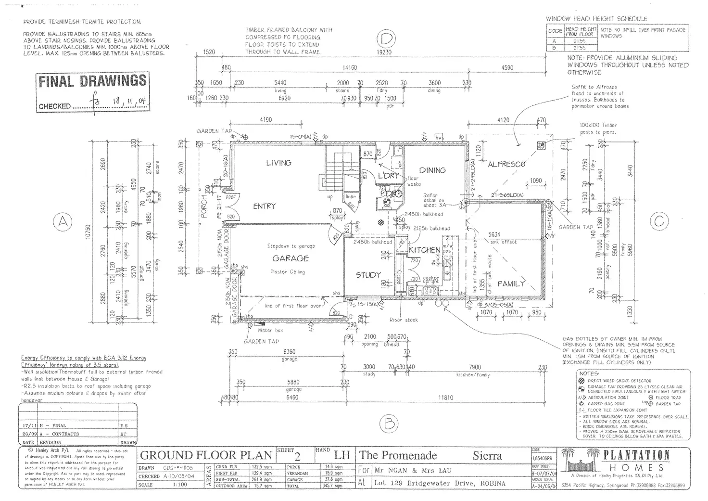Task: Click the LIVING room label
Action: click(x=278, y=163)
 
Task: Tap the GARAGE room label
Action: click(x=290, y=258)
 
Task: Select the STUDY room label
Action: click(x=368, y=275)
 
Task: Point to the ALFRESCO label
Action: click(x=506, y=164)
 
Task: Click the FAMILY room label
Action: click(x=511, y=284)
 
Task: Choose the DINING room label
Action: click(x=432, y=170)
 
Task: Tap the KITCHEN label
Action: click(x=424, y=250)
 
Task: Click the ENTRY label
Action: click(x=264, y=206)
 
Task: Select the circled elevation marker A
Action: click(x=63, y=222)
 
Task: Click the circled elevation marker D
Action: click(x=386, y=38)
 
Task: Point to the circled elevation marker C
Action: click(x=658, y=221)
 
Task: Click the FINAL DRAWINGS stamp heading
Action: click(x=92, y=81)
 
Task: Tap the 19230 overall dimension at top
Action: click(x=383, y=52)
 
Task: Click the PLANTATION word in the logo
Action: click(x=636, y=455)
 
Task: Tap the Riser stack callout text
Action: click(x=404, y=320)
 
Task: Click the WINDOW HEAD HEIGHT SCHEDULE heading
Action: click(x=596, y=19)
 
